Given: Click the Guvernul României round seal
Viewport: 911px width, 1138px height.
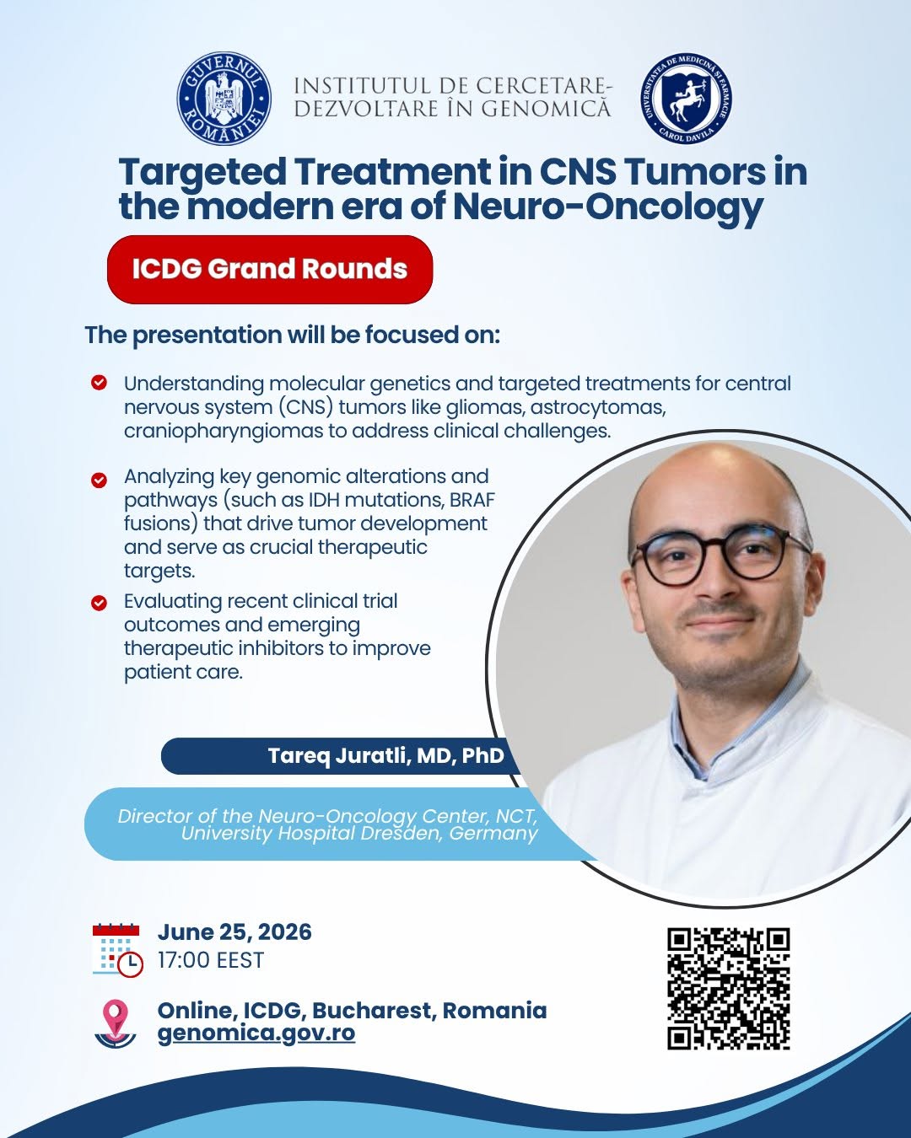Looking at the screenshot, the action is tap(224, 99).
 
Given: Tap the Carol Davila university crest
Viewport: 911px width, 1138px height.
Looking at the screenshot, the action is tap(687, 99).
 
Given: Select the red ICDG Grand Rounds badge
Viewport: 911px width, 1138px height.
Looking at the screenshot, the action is tap(270, 269).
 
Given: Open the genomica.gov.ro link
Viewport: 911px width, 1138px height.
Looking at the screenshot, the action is tap(256, 1033).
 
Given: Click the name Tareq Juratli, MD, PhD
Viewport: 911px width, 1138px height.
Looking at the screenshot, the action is tap(385, 755).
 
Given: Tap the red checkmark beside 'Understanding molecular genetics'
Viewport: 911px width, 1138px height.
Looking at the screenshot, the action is tap(99, 383).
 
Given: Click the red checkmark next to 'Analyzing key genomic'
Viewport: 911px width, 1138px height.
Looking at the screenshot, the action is tap(99, 480).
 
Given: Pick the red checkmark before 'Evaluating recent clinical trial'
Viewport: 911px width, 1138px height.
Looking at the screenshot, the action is tap(99, 603).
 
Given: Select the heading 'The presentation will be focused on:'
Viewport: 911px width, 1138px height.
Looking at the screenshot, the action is tap(292, 335).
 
